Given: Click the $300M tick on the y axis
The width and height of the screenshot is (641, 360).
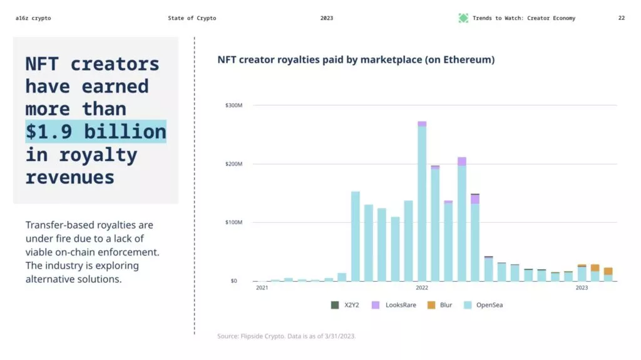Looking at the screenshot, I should [x=234, y=105].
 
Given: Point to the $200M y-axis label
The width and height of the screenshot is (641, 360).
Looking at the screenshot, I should [x=234, y=164].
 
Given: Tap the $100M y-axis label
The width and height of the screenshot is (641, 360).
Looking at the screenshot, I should [x=234, y=222].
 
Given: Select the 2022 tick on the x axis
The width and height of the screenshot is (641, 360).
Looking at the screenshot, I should [x=422, y=288].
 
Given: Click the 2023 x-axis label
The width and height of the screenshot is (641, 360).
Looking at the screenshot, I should [x=582, y=288].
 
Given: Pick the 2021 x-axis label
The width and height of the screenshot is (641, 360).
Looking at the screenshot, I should [x=262, y=288].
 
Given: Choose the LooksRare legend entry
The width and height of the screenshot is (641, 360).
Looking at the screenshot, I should [x=394, y=305].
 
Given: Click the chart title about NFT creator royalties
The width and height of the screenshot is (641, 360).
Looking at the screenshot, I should [x=356, y=60].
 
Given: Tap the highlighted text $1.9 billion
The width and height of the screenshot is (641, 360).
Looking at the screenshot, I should [x=96, y=131].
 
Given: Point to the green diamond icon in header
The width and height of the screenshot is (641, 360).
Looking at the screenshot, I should [x=463, y=18].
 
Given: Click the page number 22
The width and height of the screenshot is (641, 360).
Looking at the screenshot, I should [x=621, y=18].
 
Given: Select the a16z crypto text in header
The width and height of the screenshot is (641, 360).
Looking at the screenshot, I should [x=33, y=18].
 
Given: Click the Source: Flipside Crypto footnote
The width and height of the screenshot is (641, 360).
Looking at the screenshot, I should [x=287, y=336].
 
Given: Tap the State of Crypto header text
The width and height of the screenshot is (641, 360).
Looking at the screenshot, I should [x=192, y=18].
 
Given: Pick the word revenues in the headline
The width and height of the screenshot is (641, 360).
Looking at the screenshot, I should [x=70, y=177].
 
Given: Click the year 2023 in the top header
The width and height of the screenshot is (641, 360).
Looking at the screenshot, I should [x=327, y=18].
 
